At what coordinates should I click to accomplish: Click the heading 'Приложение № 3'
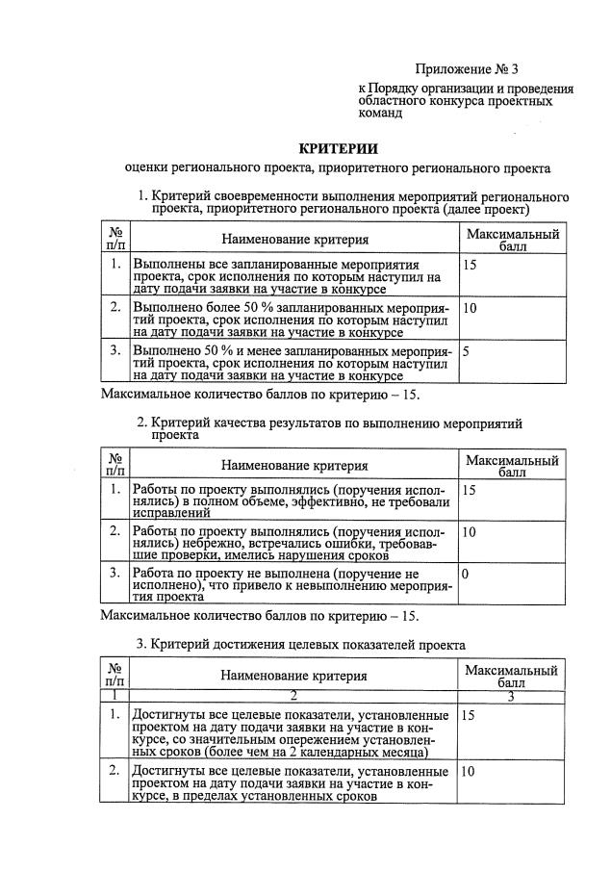tap(467, 69)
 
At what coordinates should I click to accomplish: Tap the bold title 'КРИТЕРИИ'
tap(338, 148)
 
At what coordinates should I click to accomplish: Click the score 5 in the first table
tap(467, 352)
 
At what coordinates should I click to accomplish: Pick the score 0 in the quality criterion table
tap(467, 573)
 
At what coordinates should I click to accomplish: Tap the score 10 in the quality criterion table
tap(471, 531)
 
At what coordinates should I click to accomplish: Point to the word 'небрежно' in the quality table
tap(226, 545)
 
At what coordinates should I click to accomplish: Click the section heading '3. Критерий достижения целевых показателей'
tap(300, 644)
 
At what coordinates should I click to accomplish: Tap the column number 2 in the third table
tap(293, 695)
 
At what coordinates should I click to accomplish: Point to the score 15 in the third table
tap(470, 716)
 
